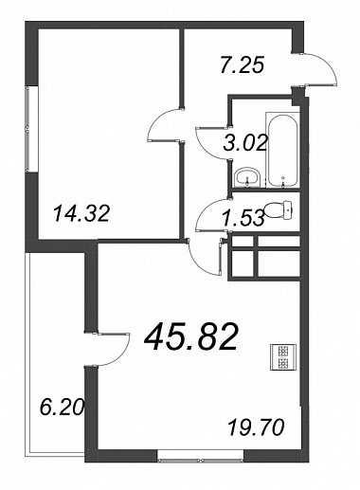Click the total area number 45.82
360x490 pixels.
pos(190,337)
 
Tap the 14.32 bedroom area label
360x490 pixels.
pos(81,213)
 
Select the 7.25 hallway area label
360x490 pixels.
pos(242,65)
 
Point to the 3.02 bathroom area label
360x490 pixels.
pos(245,143)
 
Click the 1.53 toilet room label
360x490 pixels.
pos(243,219)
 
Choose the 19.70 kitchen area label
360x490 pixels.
pos(256,427)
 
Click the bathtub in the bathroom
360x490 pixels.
pos(282,150)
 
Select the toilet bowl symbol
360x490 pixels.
pos(279,209)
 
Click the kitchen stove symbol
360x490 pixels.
pos(283,357)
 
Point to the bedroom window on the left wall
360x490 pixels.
pos(27,129)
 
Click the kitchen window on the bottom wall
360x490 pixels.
pos(200,461)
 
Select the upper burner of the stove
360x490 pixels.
pos(283,351)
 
